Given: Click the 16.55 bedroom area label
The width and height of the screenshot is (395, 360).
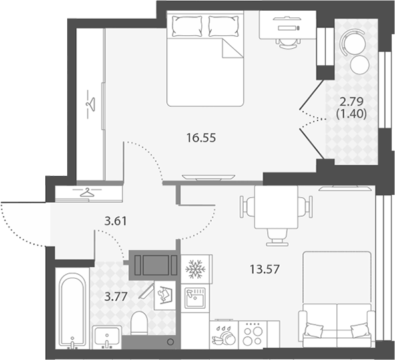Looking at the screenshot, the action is point(201,138).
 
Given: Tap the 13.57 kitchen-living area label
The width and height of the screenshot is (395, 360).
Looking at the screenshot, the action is point(264,269).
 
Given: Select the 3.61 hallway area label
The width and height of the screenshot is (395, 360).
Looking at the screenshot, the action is point(116,221).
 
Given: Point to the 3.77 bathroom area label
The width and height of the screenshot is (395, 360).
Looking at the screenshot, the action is point(116,297).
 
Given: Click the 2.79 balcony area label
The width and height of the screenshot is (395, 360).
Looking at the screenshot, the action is point(352,101).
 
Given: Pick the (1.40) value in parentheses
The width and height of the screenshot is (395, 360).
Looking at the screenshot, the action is point(352,114).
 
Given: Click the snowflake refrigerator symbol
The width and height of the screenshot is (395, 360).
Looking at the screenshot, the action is point(195,269).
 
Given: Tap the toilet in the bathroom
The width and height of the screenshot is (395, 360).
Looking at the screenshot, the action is point(139,323).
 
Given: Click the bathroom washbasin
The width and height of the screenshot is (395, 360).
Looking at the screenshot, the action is point(107,337).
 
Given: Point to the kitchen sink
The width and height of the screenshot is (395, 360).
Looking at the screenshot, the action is point(195,298).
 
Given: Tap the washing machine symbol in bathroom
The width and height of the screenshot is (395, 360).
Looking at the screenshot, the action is point(165,295).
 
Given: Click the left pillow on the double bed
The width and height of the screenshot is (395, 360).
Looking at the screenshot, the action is point(187,26).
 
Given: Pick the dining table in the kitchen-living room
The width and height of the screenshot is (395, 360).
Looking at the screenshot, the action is point(276,207).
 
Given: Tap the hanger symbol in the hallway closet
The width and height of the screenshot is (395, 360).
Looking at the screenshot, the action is point(87,193).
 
